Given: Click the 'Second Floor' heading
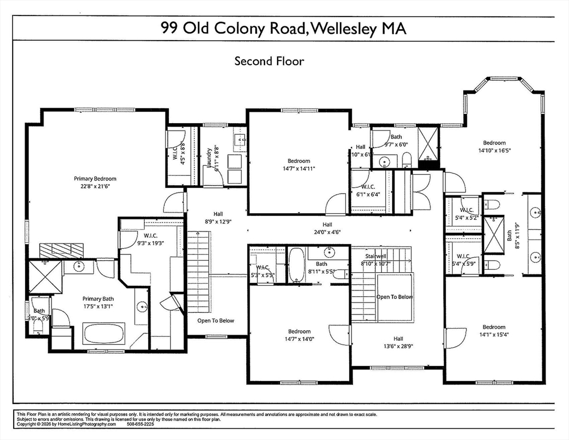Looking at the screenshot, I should (x=269, y=61).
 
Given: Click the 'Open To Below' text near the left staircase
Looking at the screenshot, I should (x=216, y=320).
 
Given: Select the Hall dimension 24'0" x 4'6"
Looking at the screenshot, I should (x=327, y=233).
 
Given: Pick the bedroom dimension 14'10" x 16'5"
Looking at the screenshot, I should (x=494, y=151).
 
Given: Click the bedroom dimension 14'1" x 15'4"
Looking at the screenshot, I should (x=493, y=335).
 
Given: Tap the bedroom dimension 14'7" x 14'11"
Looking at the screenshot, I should (x=299, y=168).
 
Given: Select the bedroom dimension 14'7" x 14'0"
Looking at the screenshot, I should (x=299, y=339).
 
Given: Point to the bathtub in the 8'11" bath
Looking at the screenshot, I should (x=297, y=265).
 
